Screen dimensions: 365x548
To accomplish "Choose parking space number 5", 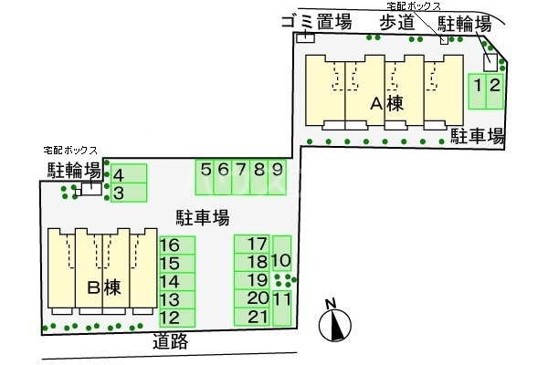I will tap(205, 176).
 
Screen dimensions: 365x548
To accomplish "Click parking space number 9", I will tap(277, 176).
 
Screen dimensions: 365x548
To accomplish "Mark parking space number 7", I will tap(241, 176).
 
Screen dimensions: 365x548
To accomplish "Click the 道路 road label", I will tap(171, 341).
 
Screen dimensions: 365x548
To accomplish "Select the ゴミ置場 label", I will tap(316, 23).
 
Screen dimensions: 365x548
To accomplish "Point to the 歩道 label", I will tap(396, 23).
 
